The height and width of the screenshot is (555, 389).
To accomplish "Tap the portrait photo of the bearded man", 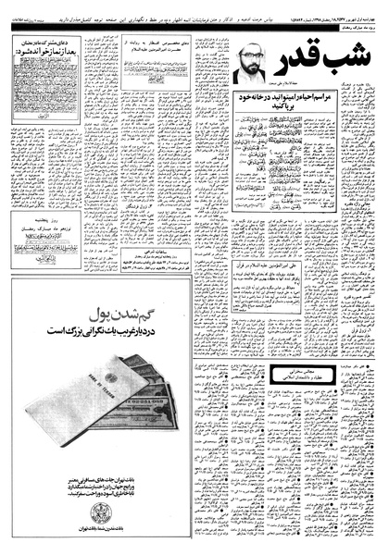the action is tap(245, 61).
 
